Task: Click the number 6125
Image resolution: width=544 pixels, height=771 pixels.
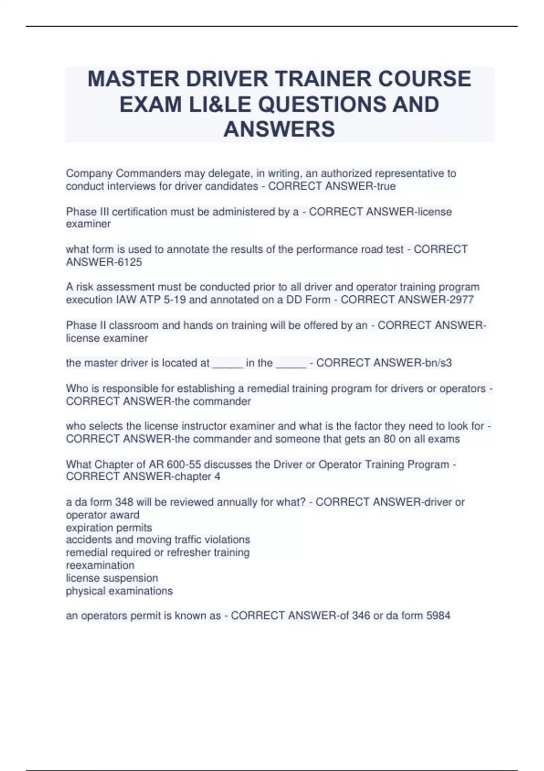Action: [127, 262]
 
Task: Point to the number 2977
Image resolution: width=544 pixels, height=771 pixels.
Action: [460, 300]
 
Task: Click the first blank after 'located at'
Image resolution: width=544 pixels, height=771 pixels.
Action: [228, 363]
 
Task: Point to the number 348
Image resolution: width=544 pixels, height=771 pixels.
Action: [124, 502]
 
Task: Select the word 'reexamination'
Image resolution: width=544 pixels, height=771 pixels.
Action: [100, 566]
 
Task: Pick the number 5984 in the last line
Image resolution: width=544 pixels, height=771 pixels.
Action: [438, 616]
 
